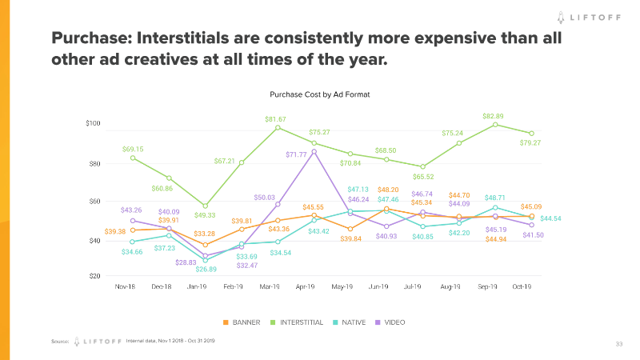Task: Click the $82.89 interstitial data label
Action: [494, 116]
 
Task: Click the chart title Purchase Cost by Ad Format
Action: [319, 94]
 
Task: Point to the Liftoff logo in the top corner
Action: [593, 15]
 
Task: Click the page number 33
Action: [618, 344]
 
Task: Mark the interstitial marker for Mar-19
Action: [278, 128]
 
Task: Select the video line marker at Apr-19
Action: [314, 151]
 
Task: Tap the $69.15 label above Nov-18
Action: [133, 149]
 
